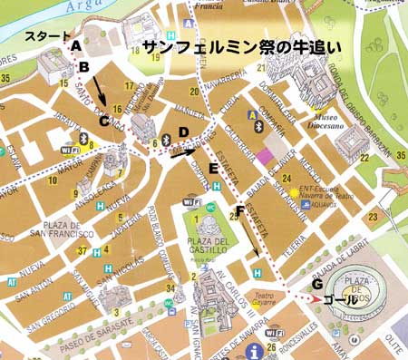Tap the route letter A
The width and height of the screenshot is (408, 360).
coord(76,44)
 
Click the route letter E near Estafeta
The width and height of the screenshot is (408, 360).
coord(213,168)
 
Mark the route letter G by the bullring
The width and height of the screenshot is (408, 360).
coord(316,283)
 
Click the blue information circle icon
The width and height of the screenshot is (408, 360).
coord(256,350)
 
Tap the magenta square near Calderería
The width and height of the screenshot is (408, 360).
coord(264,157)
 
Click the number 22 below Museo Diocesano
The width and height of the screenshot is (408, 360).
coord(363,159)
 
